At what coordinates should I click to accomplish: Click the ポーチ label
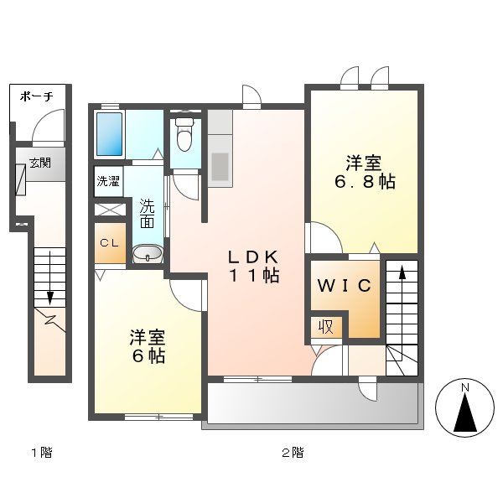point(37,96)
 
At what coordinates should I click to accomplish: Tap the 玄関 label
point(39,163)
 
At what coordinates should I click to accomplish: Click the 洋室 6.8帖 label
point(364,172)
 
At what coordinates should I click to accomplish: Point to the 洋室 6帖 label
point(147,345)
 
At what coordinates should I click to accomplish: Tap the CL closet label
point(109,243)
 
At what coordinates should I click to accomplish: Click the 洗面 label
point(147,213)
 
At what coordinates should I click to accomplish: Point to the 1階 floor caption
point(41,454)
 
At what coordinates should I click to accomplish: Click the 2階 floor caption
point(292,454)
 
